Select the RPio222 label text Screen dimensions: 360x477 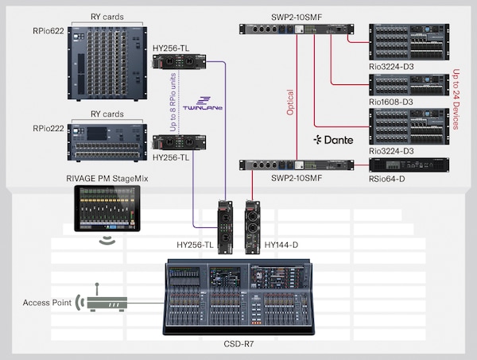(48, 128)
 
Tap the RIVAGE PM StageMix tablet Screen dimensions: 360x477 (105, 208)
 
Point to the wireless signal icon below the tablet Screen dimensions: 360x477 (105, 239)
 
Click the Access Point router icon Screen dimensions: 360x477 (103, 301)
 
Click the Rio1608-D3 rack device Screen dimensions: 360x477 (409, 86)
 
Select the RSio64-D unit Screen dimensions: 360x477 (409, 165)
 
